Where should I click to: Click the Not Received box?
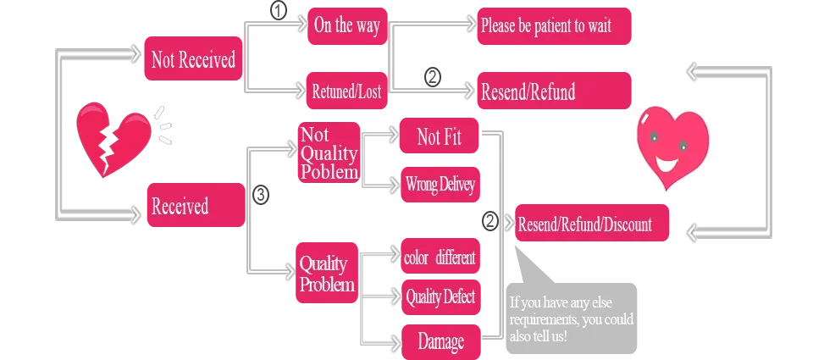coord(192,58)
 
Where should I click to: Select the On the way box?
coord(346,26)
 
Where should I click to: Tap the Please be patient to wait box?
coord(554,26)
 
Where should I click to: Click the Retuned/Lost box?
coord(346,91)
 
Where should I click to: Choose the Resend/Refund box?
coord(554,91)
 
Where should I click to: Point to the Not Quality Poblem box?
coord(329,152)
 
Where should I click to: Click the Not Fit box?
coord(440,136)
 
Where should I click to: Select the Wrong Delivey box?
coord(440,185)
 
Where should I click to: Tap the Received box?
coord(192,207)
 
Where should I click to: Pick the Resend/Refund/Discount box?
coord(592,224)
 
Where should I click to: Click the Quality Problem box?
coord(327,274)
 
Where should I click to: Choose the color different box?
coord(440,258)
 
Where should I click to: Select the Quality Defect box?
coord(440,296)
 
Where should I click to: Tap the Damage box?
coord(440,341)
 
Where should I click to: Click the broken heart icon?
coord(112,138)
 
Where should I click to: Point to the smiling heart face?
coord(671,144)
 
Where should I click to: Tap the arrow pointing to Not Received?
coord(134,56)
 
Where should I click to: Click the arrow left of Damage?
coord(393,341)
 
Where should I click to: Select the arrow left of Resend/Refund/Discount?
coord(508,224)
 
